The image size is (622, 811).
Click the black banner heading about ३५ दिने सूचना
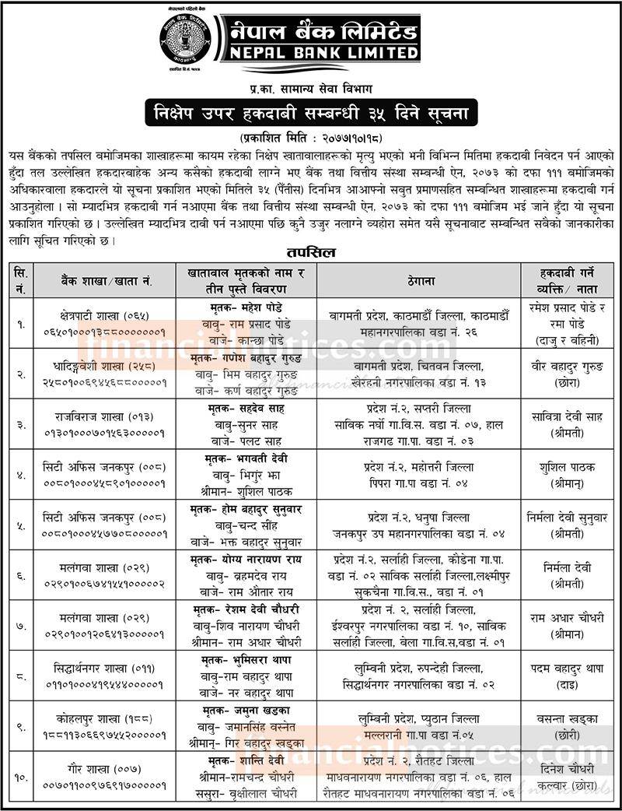coord(311,114)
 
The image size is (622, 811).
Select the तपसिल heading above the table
coord(311,254)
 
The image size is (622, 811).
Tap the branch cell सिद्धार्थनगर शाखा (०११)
coord(104,669)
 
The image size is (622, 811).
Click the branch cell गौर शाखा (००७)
coord(104,769)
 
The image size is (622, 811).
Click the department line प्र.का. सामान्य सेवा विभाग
coord(311,91)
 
